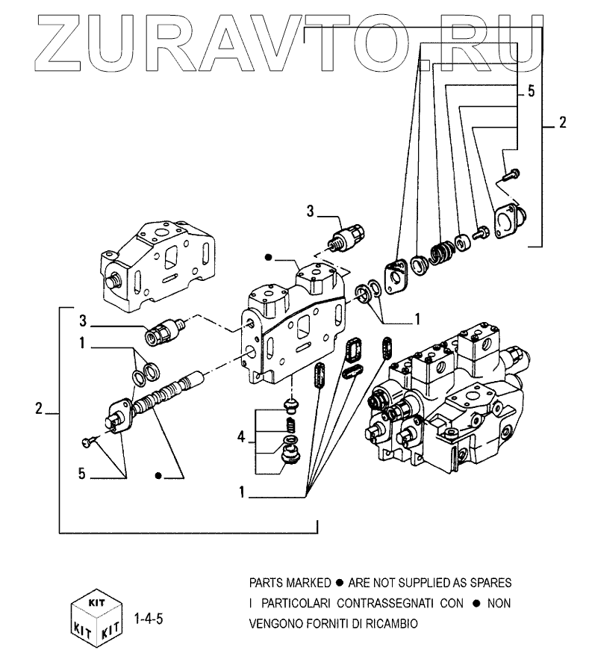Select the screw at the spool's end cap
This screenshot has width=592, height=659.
[88, 442]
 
